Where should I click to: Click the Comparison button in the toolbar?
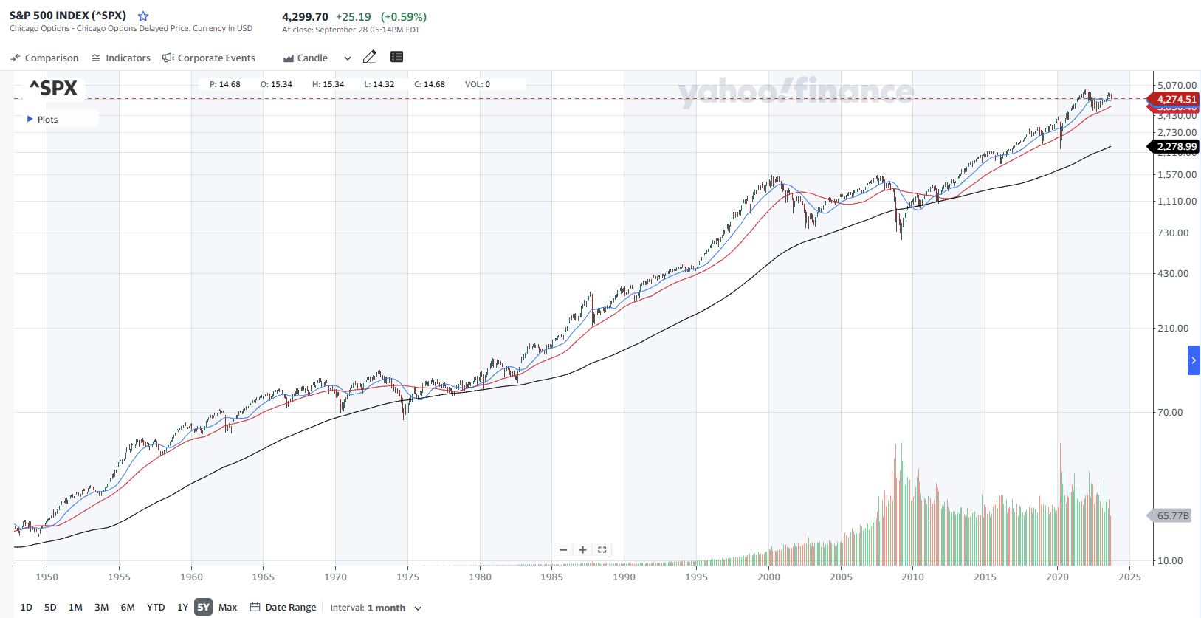coord(44,58)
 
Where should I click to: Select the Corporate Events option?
coord(209,58)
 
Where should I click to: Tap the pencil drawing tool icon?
coord(370,57)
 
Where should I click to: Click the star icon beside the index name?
coord(143,16)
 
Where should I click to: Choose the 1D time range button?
coord(26,607)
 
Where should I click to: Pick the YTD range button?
coord(156,607)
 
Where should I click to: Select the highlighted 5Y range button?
coord(203,607)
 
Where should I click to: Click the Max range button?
coord(228,607)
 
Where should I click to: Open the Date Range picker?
coord(283,607)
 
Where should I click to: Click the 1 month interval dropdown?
coord(394,608)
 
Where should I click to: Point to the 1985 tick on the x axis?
coord(551,577)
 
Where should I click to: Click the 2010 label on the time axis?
coord(912,577)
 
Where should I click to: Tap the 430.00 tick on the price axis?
coord(1173,273)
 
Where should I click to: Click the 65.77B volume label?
coord(1172,515)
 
